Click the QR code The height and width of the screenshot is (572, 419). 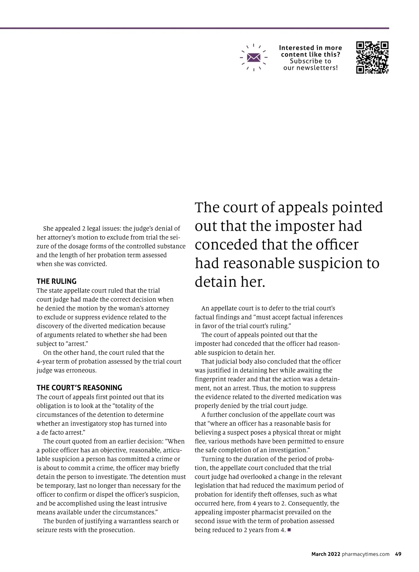[372, 58]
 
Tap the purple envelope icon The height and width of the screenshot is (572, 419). [254, 57]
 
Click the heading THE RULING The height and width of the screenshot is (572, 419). [57, 281]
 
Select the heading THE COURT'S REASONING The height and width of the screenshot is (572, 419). [79, 388]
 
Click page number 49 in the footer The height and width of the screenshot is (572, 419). [398, 554]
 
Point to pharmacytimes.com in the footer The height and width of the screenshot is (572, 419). [366, 554]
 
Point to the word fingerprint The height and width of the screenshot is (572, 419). [212, 379]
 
